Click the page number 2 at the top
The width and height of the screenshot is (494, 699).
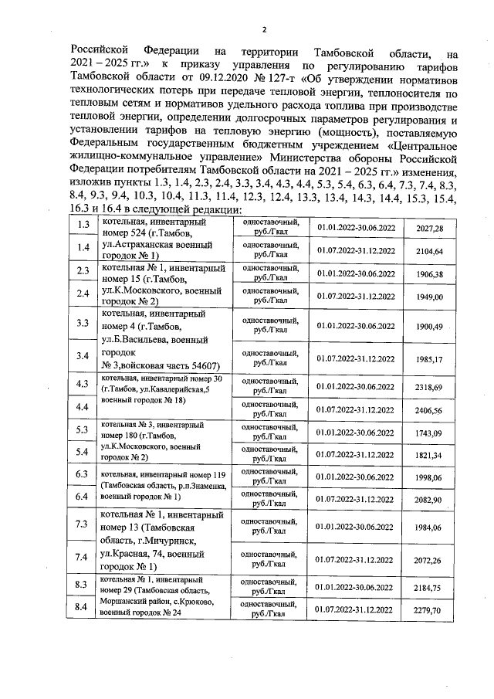[263, 30]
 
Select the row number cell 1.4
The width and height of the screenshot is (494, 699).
[81, 247]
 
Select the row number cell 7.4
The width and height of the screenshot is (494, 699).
[81, 556]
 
